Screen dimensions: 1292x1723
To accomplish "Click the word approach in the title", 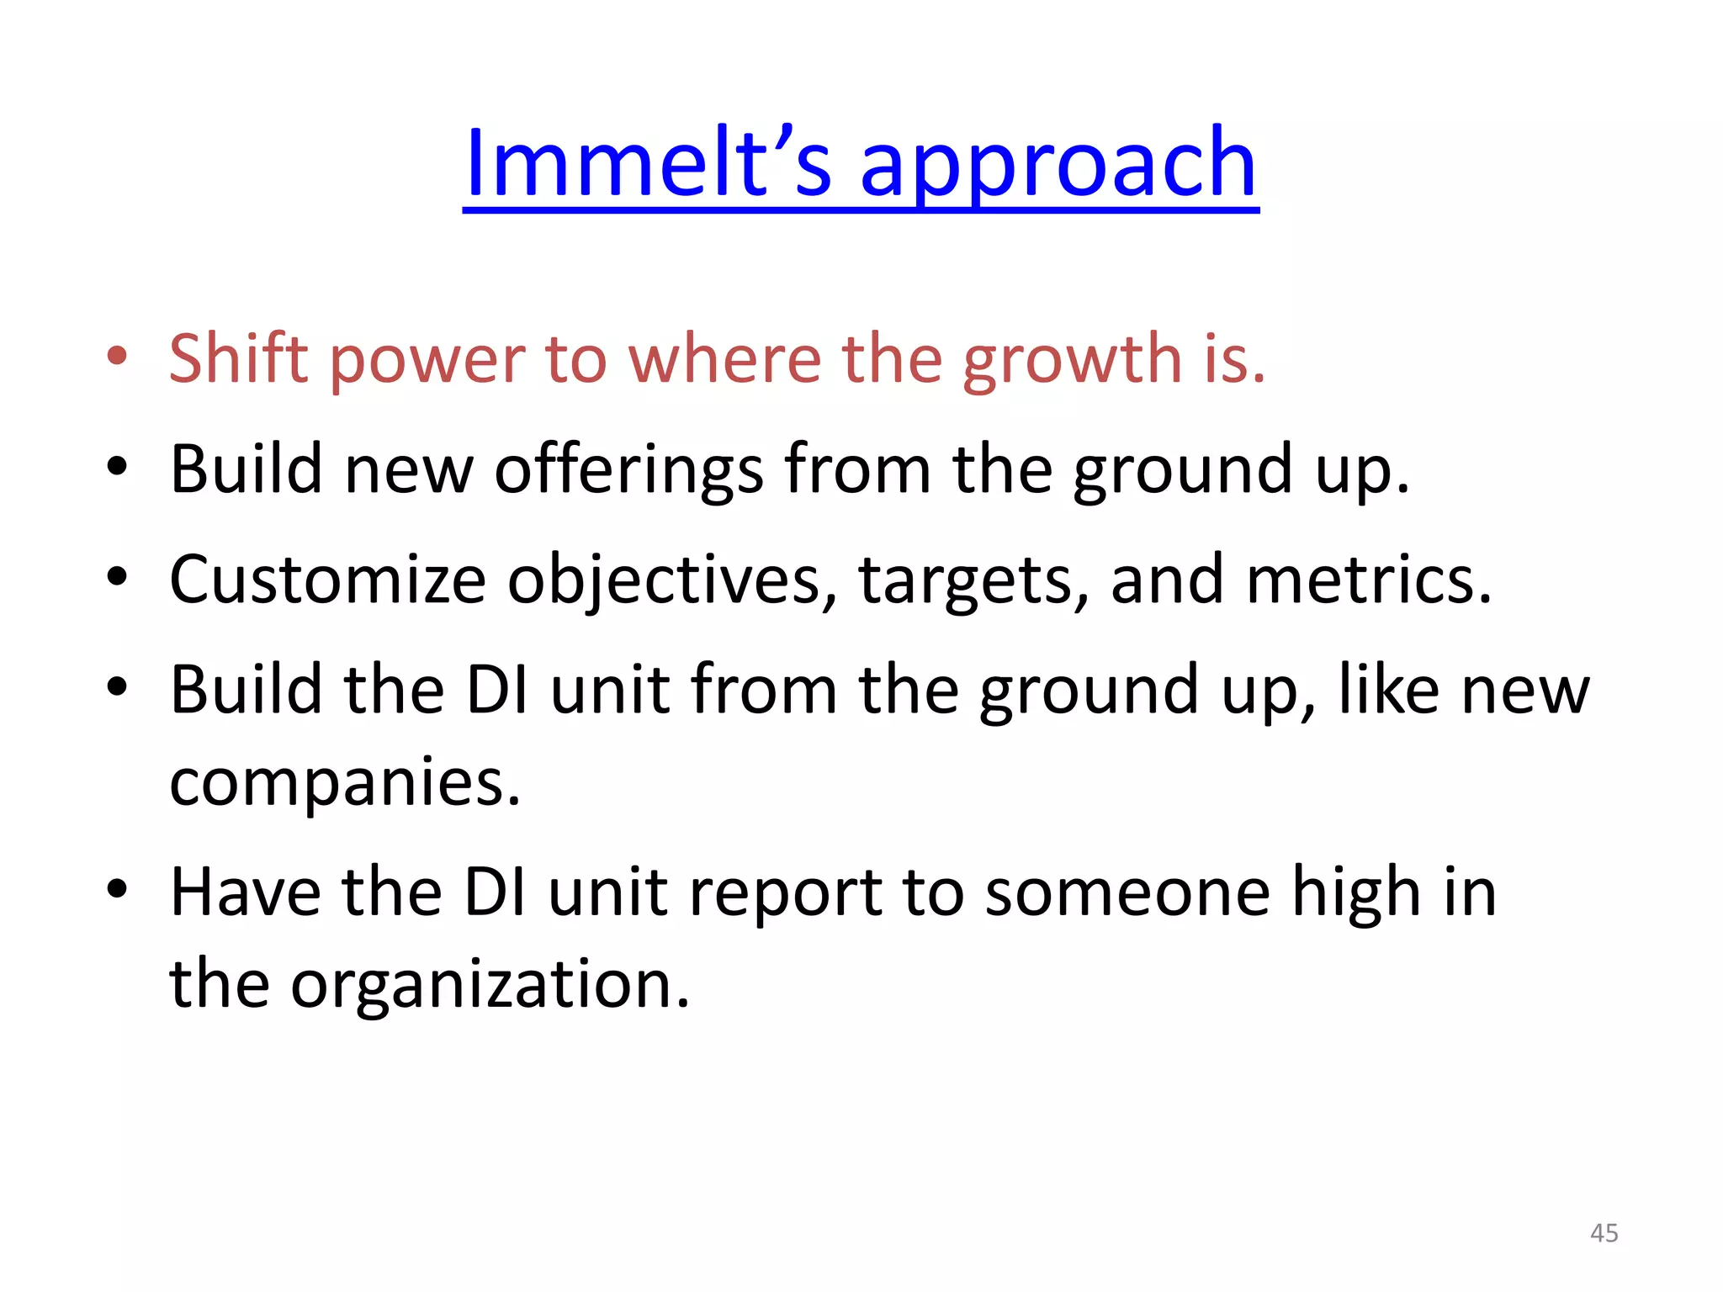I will [x=1058, y=164].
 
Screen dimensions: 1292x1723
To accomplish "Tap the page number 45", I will [x=1604, y=1233].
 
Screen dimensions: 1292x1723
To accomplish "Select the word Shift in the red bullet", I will [x=239, y=358].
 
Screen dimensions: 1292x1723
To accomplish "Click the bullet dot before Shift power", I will [x=117, y=356].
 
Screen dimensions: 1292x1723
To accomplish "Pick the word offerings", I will [x=629, y=469].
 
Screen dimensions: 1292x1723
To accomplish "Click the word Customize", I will [x=327, y=580].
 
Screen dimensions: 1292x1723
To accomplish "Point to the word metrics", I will [x=1368, y=580].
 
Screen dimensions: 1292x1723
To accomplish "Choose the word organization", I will [x=490, y=984].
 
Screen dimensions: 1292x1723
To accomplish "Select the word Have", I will [x=245, y=892].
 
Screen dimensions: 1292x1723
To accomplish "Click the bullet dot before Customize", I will [x=117, y=577].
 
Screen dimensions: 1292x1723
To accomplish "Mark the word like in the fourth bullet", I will [x=1388, y=690].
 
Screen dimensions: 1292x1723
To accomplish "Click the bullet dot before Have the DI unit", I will [x=117, y=888].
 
